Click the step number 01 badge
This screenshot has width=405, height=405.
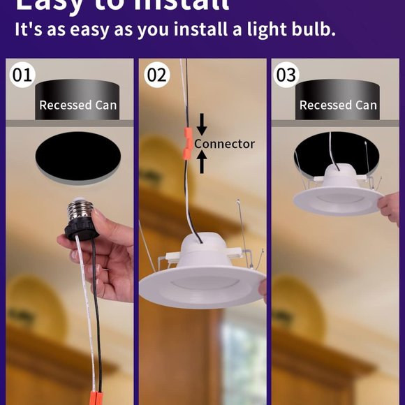pyautogui.click(x=22, y=75)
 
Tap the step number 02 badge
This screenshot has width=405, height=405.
pyautogui.click(x=156, y=75)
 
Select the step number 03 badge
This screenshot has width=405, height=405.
pyautogui.click(x=286, y=75)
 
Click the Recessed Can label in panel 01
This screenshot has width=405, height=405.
pyautogui.click(x=78, y=105)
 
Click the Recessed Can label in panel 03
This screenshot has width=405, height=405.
pyautogui.click(x=338, y=105)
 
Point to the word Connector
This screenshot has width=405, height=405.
pyautogui.click(x=225, y=144)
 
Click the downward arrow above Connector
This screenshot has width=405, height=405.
pyautogui.click(x=202, y=124)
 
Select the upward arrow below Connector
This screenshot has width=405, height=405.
pyautogui.click(x=202, y=162)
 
